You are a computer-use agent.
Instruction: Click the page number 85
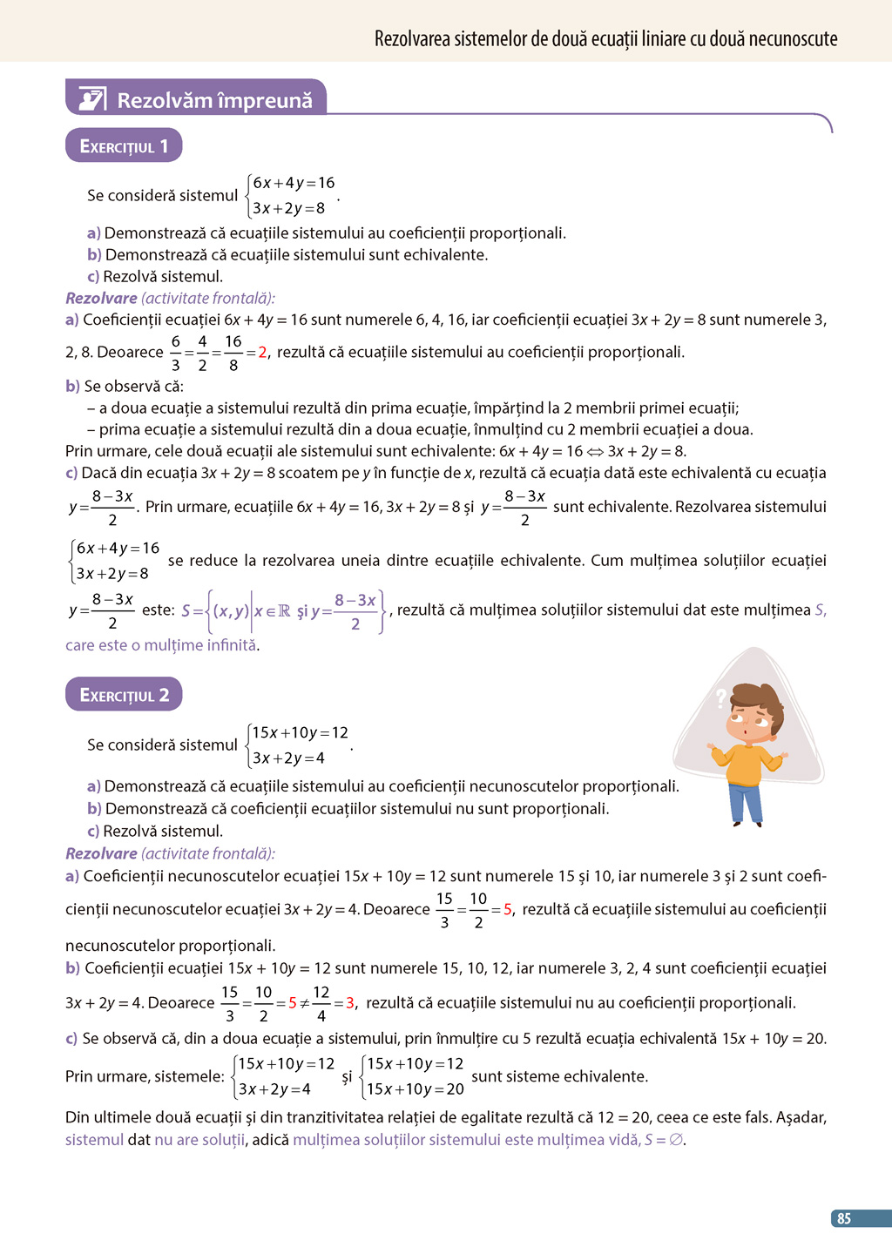click(x=843, y=1218)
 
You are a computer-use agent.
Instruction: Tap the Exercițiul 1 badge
click(x=124, y=146)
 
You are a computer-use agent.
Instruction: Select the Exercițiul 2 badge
click(x=124, y=695)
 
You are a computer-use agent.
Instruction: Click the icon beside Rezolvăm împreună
click(x=92, y=99)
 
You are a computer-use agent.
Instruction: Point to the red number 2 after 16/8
click(x=262, y=353)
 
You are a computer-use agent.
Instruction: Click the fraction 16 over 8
click(x=233, y=353)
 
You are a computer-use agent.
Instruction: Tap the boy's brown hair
click(x=756, y=697)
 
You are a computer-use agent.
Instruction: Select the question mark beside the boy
click(x=720, y=697)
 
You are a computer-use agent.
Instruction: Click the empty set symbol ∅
click(x=675, y=1140)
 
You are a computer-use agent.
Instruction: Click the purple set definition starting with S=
click(x=284, y=611)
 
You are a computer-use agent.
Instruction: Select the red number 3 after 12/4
click(x=349, y=1003)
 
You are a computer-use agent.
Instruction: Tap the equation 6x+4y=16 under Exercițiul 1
click(x=294, y=183)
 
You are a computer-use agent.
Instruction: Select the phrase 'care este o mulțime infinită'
click(x=162, y=645)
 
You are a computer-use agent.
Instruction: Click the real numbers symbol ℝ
click(x=284, y=611)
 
